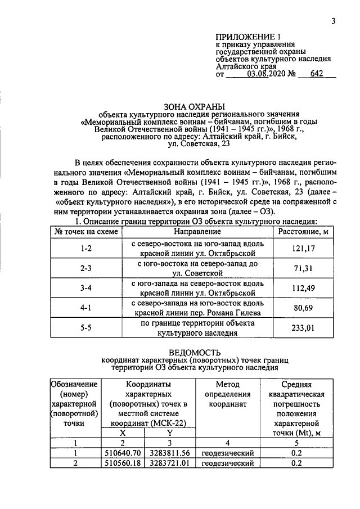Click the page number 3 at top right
[333, 21]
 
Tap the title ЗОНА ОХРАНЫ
[194, 105]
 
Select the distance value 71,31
[303, 268]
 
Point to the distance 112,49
[303, 289]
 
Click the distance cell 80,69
[303, 308]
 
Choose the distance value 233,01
[303, 328]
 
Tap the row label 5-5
[85, 328]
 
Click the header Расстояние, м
[303, 232]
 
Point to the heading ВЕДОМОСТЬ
[194, 353]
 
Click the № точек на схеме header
[85, 232]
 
